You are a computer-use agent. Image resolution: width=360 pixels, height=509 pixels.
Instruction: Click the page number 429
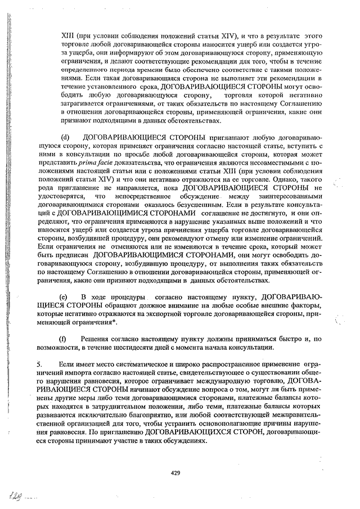pyautogui.click(x=175, y=473)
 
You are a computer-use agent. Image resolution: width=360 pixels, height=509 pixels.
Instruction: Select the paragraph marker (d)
pyautogui.click(x=65, y=137)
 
